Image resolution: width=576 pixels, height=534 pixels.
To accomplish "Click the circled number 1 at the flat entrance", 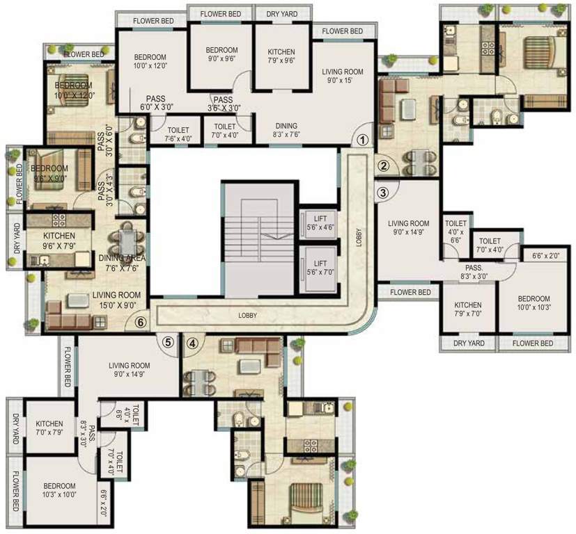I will coord(361,139).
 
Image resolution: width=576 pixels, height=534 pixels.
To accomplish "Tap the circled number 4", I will coord(193,341).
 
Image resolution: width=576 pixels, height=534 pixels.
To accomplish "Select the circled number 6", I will coord(141,323).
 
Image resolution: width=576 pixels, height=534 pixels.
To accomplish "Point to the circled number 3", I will coord(382,192).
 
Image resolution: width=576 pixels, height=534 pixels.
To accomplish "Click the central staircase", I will coord(258,236).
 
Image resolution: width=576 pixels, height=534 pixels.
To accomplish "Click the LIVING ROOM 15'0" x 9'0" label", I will coord(116,300).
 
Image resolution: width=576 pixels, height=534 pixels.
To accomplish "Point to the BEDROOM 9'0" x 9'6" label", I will coord(222,55).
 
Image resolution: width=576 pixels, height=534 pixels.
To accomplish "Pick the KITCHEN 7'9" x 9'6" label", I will coord(281,56).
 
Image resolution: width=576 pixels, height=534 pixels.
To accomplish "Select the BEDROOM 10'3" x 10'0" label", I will coord(59,490).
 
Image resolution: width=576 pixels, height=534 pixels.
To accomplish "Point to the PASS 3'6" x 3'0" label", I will coord(224,104).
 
